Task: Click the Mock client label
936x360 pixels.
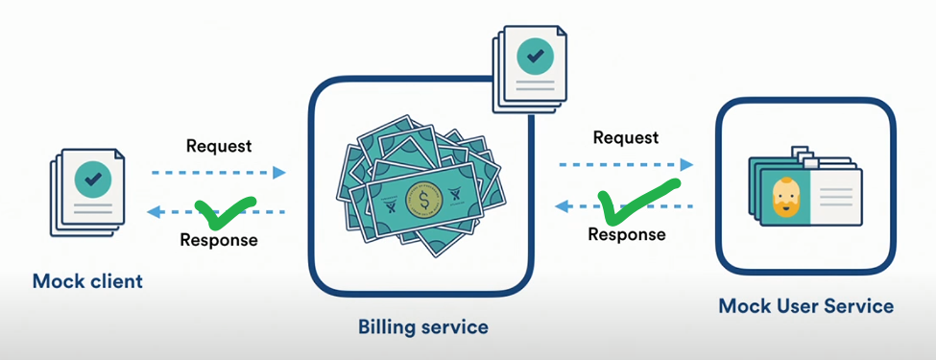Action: point(87,280)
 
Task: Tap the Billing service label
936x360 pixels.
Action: point(422,326)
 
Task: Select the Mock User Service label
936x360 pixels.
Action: point(805,306)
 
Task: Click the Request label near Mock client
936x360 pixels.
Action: point(219,146)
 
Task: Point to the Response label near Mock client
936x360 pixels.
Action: point(219,240)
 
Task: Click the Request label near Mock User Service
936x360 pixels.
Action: point(626,137)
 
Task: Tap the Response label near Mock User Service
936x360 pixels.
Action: point(627,234)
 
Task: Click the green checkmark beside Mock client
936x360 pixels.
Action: point(225,212)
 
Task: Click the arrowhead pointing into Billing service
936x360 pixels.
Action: point(279,173)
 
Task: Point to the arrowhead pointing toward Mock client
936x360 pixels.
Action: point(154,211)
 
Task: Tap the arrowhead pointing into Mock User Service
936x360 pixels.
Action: point(686,164)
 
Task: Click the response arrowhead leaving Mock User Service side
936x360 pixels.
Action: point(562,206)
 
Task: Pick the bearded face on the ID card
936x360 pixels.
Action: point(785,198)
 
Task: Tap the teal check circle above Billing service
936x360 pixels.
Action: point(535,56)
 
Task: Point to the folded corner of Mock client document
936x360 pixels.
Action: point(119,155)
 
